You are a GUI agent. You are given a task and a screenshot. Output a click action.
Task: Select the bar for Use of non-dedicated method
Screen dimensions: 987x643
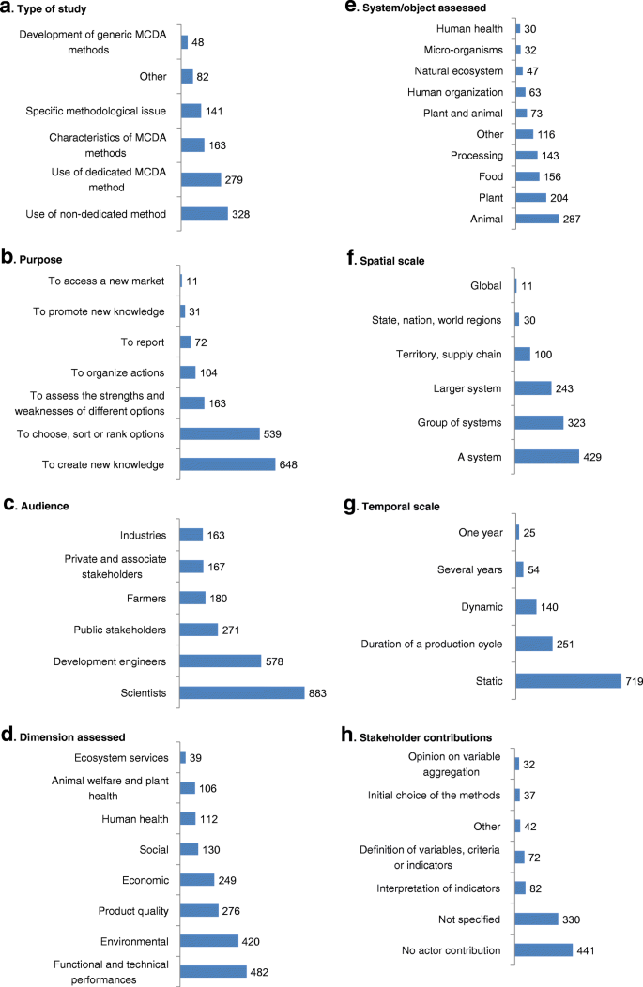click(204, 214)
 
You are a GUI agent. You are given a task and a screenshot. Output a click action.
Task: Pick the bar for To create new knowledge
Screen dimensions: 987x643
click(227, 464)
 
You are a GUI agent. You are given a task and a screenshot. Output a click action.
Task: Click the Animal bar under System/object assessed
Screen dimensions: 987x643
click(537, 218)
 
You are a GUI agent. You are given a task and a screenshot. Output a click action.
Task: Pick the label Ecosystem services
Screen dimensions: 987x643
click(121, 757)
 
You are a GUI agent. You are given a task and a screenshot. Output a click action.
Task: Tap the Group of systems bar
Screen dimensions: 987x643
click(539, 422)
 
